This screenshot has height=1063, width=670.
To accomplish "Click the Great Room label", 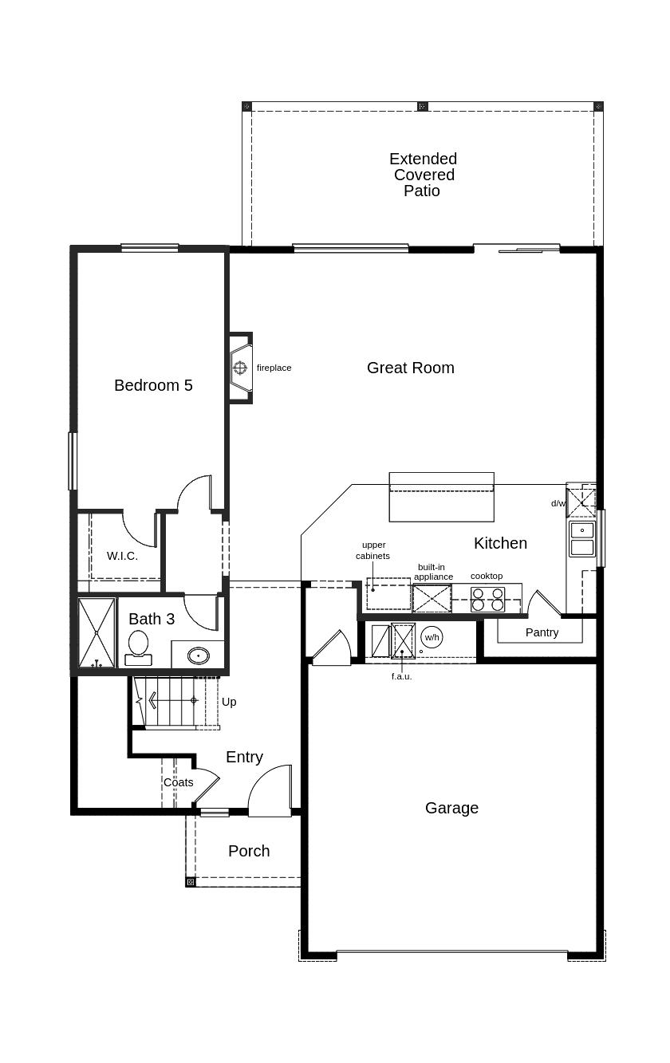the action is point(411,368).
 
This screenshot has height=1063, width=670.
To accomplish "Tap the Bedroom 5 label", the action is point(153,385).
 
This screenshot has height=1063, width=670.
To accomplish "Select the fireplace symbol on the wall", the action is point(241,368).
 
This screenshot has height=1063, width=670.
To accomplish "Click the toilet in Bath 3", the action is point(138,648).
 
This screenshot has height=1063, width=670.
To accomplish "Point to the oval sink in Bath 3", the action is point(199,656).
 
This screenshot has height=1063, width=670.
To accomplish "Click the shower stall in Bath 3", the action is point(97,633).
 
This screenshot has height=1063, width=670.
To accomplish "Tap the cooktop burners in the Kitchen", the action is point(487,600).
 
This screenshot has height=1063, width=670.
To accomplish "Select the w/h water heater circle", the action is point(432,637).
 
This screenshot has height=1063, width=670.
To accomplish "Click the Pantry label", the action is point(542,632).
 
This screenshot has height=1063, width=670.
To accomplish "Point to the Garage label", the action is point(451,808).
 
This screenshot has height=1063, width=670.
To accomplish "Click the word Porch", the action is point(249,851).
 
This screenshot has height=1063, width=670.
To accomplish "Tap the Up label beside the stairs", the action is point(229,703).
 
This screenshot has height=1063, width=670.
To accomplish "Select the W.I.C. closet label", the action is point(122,556).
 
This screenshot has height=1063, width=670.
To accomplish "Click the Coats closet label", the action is point(179,782).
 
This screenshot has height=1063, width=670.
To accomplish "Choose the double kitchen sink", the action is point(582,538).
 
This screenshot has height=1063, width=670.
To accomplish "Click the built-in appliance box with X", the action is point(432,598).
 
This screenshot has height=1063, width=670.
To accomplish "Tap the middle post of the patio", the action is point(422,106).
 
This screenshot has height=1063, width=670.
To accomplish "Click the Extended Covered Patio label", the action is point(423,175).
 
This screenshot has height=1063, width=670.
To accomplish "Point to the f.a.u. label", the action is point(401,676).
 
